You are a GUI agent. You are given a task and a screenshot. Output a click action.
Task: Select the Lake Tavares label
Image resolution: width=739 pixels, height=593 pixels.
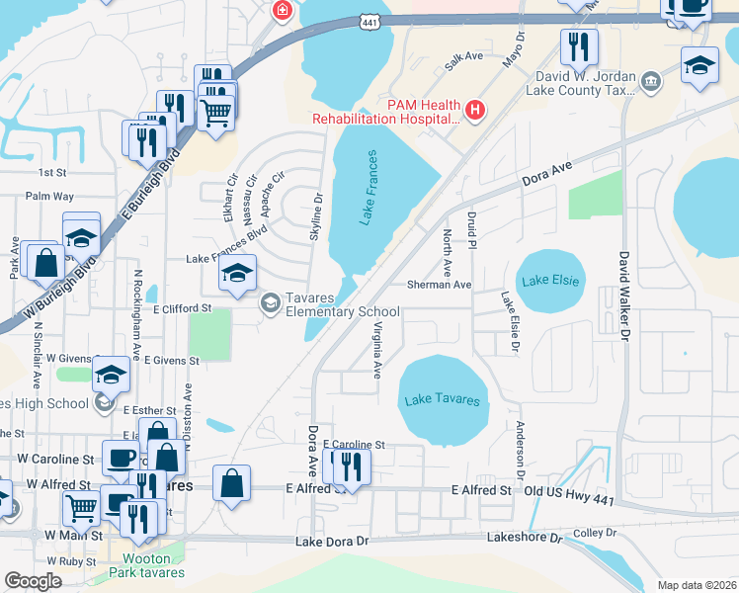tap(443, 400)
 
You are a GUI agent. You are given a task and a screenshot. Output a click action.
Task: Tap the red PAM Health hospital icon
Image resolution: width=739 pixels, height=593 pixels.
tap(475, 109)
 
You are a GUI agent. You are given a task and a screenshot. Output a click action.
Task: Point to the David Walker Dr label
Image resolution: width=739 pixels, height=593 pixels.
tap(623, 296)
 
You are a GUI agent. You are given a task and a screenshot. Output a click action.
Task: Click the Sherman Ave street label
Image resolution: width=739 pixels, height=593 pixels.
tap(440, 284)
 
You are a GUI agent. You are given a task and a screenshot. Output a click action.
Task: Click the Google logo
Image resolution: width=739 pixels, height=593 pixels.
tap(34, 581)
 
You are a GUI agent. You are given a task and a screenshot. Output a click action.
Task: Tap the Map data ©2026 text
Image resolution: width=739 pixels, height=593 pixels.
tap(696, 585)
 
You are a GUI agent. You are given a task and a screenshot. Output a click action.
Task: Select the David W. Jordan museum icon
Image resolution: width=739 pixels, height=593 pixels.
tap(651, 80)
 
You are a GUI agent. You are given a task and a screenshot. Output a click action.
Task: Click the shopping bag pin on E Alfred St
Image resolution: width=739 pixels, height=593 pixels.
tap(231, 484)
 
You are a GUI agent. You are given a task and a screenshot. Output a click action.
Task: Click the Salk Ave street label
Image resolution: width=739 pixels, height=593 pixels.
tap(463, 57)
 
